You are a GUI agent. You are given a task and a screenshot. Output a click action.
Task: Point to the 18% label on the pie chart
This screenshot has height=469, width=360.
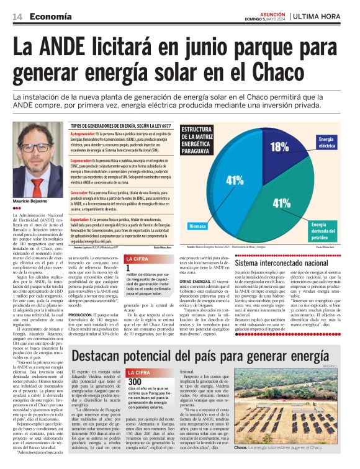coord(279,146)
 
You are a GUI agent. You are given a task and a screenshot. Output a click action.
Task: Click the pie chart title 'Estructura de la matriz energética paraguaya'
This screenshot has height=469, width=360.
coord(197,140)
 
